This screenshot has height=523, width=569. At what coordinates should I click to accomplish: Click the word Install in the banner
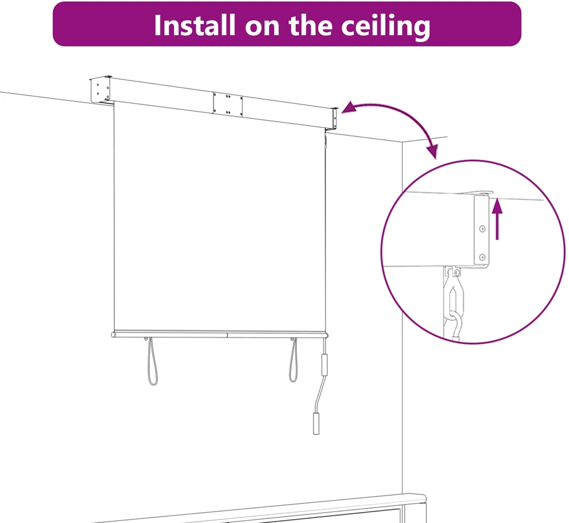pos(194,25)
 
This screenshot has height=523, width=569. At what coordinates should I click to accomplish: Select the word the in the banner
pos(310,25)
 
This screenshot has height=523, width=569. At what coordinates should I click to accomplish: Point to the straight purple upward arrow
pos(497,218)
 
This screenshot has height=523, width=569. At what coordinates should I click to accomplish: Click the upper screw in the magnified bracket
pos(482,229)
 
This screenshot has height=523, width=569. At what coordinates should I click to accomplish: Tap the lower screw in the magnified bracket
pos(482,257)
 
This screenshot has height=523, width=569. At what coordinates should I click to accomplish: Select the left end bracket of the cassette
pos(101,89)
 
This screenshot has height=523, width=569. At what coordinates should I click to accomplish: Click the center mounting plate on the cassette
pos(228,104)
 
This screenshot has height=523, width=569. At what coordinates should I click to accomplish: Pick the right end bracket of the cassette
pos(335,119)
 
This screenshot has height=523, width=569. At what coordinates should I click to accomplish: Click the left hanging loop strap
pos(152,361)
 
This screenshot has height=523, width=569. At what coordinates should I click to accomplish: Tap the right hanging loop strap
pos(293,360)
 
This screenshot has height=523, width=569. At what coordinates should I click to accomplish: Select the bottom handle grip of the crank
pos(316,423)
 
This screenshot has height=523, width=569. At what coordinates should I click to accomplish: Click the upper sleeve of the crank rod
pos(324,365)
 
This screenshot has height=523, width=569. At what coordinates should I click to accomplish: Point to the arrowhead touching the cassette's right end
pos(349,107)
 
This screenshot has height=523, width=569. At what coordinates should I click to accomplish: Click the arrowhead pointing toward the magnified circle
pos(432,151)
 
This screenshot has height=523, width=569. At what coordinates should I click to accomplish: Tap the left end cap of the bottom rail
pos(114,334)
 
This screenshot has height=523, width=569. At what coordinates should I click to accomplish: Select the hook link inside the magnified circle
pos(454,293)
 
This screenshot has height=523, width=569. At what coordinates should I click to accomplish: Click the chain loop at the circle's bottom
pos(455,326)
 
